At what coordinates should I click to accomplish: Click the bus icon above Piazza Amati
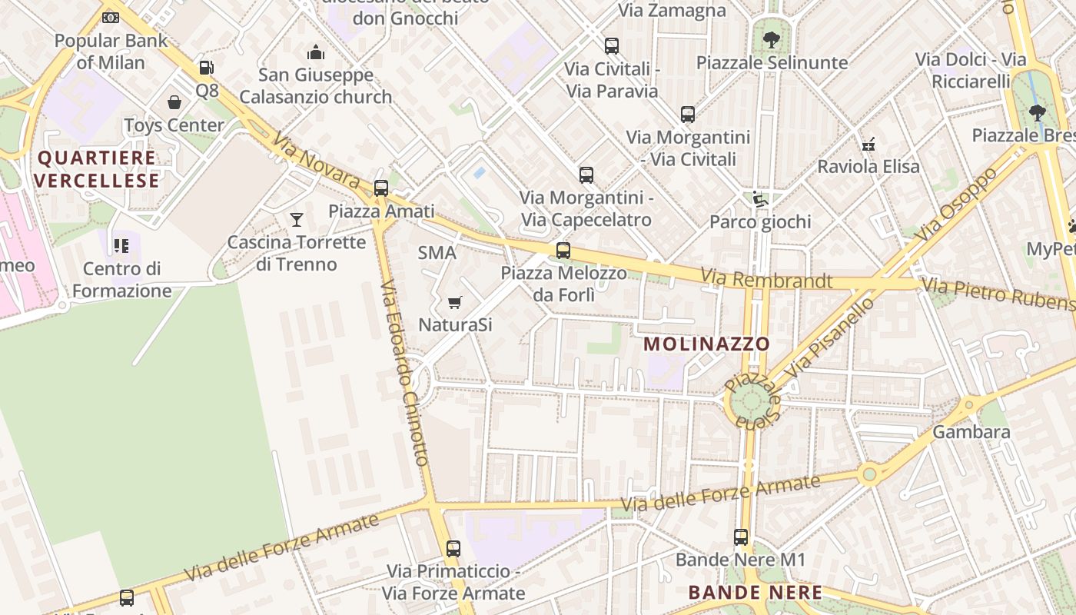point(380,188)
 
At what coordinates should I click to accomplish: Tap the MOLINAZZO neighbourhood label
point(706,344)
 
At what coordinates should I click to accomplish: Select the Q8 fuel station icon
point(206,68)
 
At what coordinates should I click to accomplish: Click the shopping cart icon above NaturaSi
point(455,302)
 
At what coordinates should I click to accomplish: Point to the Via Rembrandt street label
point(766,279)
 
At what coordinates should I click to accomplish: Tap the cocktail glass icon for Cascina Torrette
point(297,220)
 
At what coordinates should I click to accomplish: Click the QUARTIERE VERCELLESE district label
point(97,170)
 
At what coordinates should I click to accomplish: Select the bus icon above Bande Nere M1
point(741,537)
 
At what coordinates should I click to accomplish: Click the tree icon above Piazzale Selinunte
point(772,38)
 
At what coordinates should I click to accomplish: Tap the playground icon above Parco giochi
point(760,199)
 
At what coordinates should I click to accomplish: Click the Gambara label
point(971,432)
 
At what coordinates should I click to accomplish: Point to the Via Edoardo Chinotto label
point(403,373)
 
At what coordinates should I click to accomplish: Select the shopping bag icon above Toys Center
point(174,102)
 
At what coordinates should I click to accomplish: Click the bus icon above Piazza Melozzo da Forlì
point(563,251)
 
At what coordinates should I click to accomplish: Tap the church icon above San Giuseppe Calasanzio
point(315,52)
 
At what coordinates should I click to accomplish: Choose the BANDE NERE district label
point(755,593)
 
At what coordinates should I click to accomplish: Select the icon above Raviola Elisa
point(868,144)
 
